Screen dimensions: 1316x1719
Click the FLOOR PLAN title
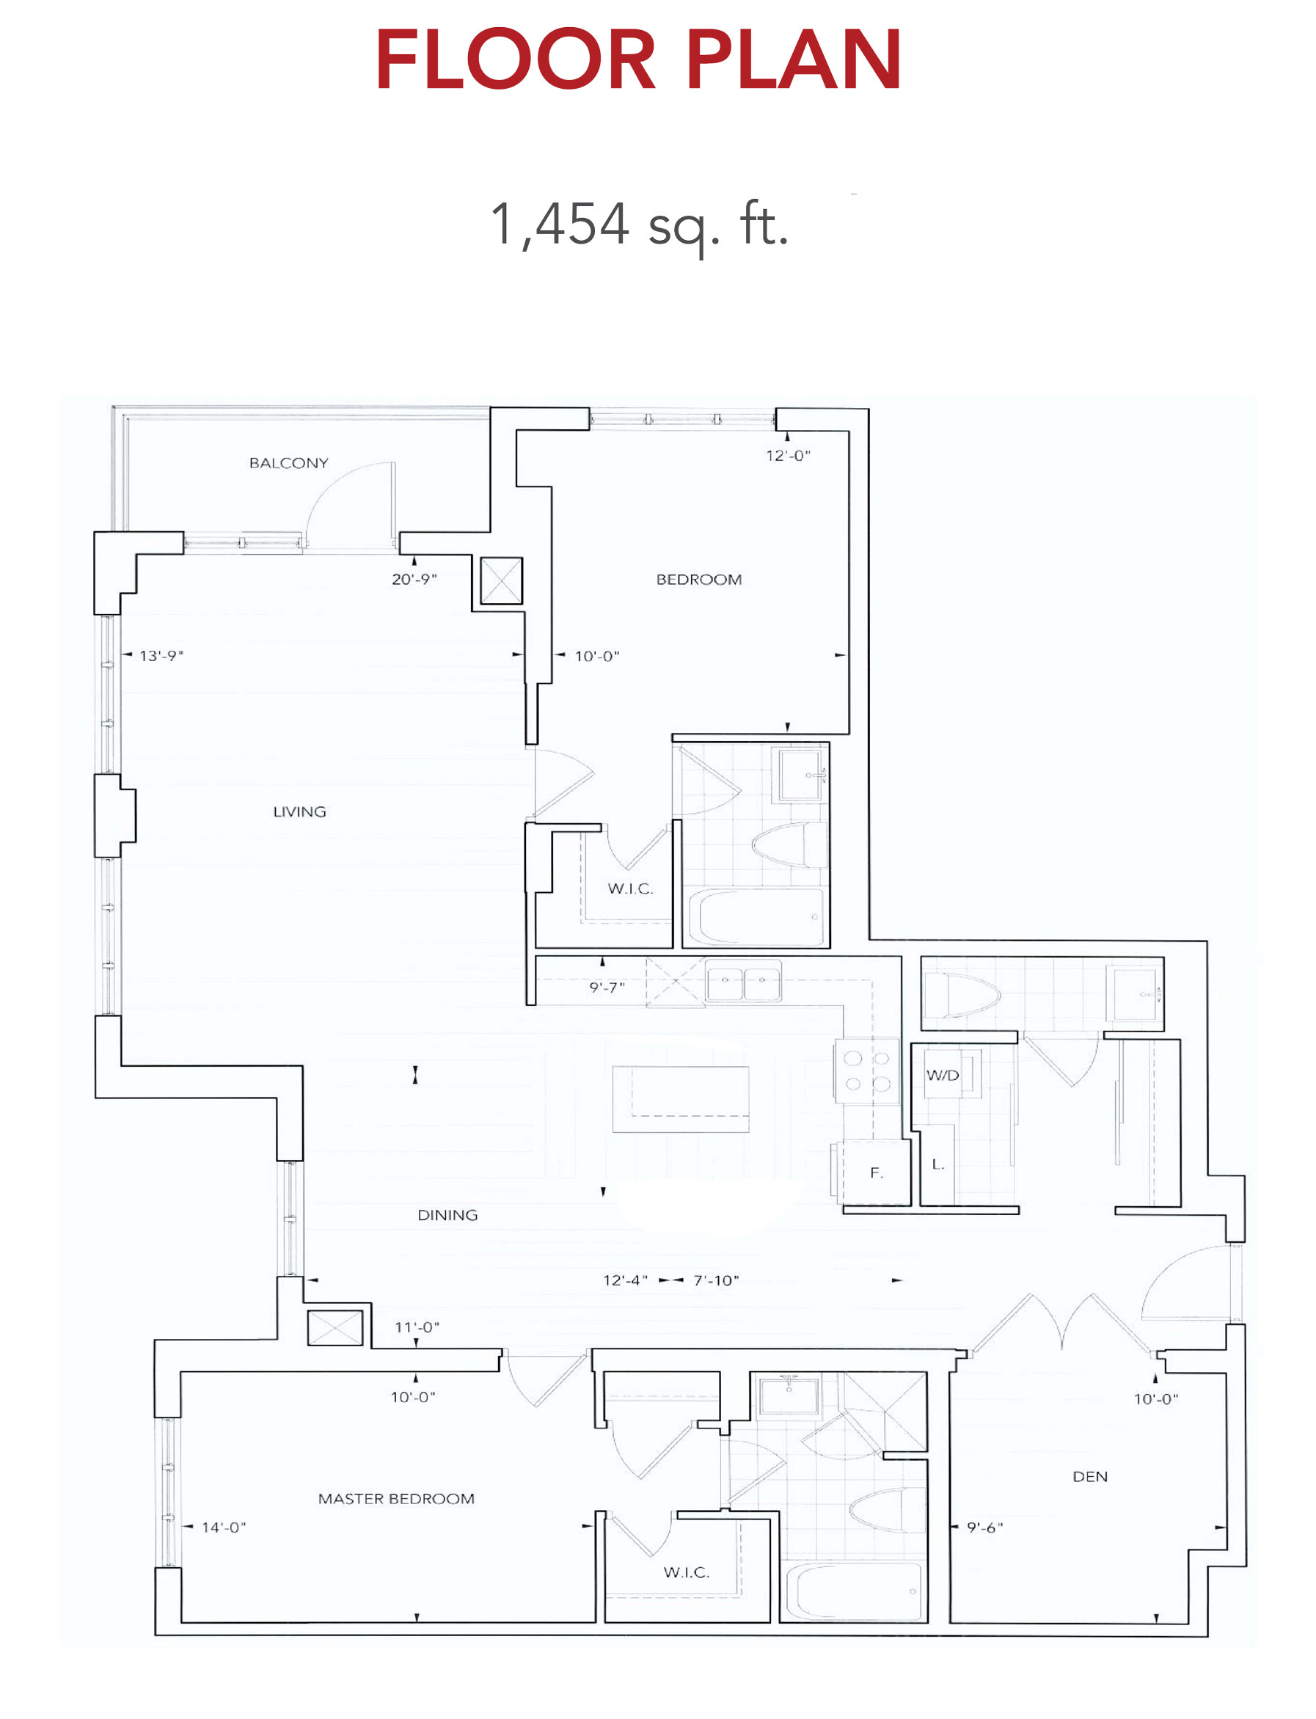(638, 59)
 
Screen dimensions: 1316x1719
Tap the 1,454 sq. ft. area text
(638, 225)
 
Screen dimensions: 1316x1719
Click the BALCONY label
(288, 463)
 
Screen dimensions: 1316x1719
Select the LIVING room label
(299, 811)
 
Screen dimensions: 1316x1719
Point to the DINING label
(447, 1215)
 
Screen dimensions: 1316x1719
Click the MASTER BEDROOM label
(396, 1499)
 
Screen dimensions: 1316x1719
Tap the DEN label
(1089, 1477)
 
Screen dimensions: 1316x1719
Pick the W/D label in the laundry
(943, 1075)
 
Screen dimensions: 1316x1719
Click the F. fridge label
(877, 1173)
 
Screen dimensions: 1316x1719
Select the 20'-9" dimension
(414, 579)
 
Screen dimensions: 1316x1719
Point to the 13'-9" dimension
(161, 655)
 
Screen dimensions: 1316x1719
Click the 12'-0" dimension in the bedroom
(788, 455)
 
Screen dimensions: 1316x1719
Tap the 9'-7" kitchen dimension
(607, 988)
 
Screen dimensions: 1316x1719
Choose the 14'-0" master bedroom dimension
(224, 1527)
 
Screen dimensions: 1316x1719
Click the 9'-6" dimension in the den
(984, 1527)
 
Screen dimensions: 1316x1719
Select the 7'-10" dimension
(716, 1280)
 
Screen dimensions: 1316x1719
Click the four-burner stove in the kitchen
(866, 1071)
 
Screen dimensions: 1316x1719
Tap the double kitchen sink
(743, 980)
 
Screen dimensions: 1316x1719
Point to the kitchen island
(681, 1098)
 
